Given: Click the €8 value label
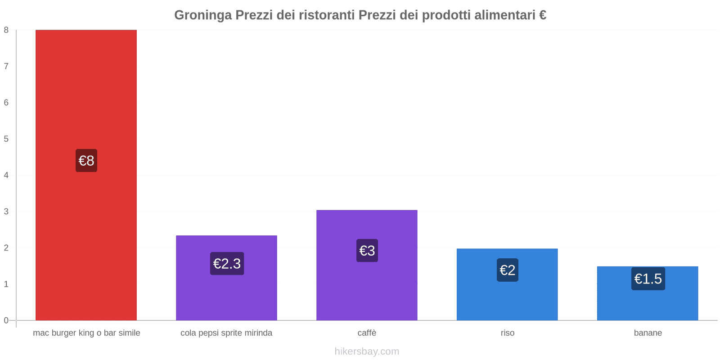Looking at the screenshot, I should point(86,161).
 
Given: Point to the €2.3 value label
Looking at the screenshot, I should point(227,264).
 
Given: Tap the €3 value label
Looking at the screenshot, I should point(367,251).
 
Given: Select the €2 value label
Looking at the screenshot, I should point(508,270).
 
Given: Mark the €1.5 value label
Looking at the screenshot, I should point(648,279).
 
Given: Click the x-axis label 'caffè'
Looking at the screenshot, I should point(367,333).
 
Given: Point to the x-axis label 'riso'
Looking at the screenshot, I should point(508,333).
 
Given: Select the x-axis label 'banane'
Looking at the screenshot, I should point(648,333).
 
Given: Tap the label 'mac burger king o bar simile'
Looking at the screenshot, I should point(86,333).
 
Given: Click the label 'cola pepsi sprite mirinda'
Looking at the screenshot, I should point(226,333).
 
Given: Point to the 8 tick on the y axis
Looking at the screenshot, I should point(6,30).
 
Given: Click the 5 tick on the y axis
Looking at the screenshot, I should point(6,139).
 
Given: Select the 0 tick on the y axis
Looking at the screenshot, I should point(6,320).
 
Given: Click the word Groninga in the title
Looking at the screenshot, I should point(203,15).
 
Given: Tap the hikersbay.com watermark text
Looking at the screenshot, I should point(367,351).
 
